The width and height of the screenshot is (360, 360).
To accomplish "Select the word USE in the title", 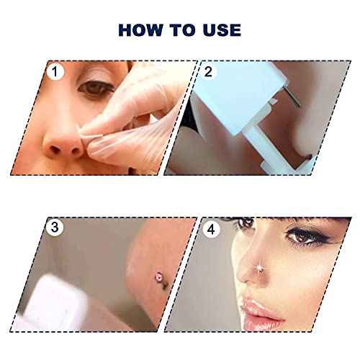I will [x=221, y=30].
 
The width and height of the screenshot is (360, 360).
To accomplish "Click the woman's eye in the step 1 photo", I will [x=91, y=89].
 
